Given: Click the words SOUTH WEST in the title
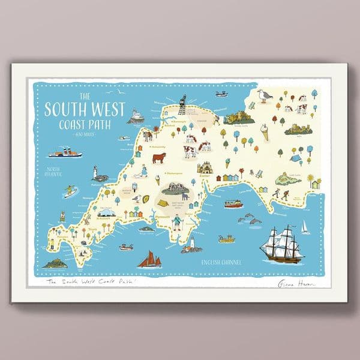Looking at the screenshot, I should pos(84,110).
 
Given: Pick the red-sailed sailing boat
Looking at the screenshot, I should pos(149,259).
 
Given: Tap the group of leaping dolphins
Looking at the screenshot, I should pos(250,220).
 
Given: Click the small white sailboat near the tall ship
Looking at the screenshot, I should pos(304,227).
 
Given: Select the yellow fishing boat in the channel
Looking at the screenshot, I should pos(226,239).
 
